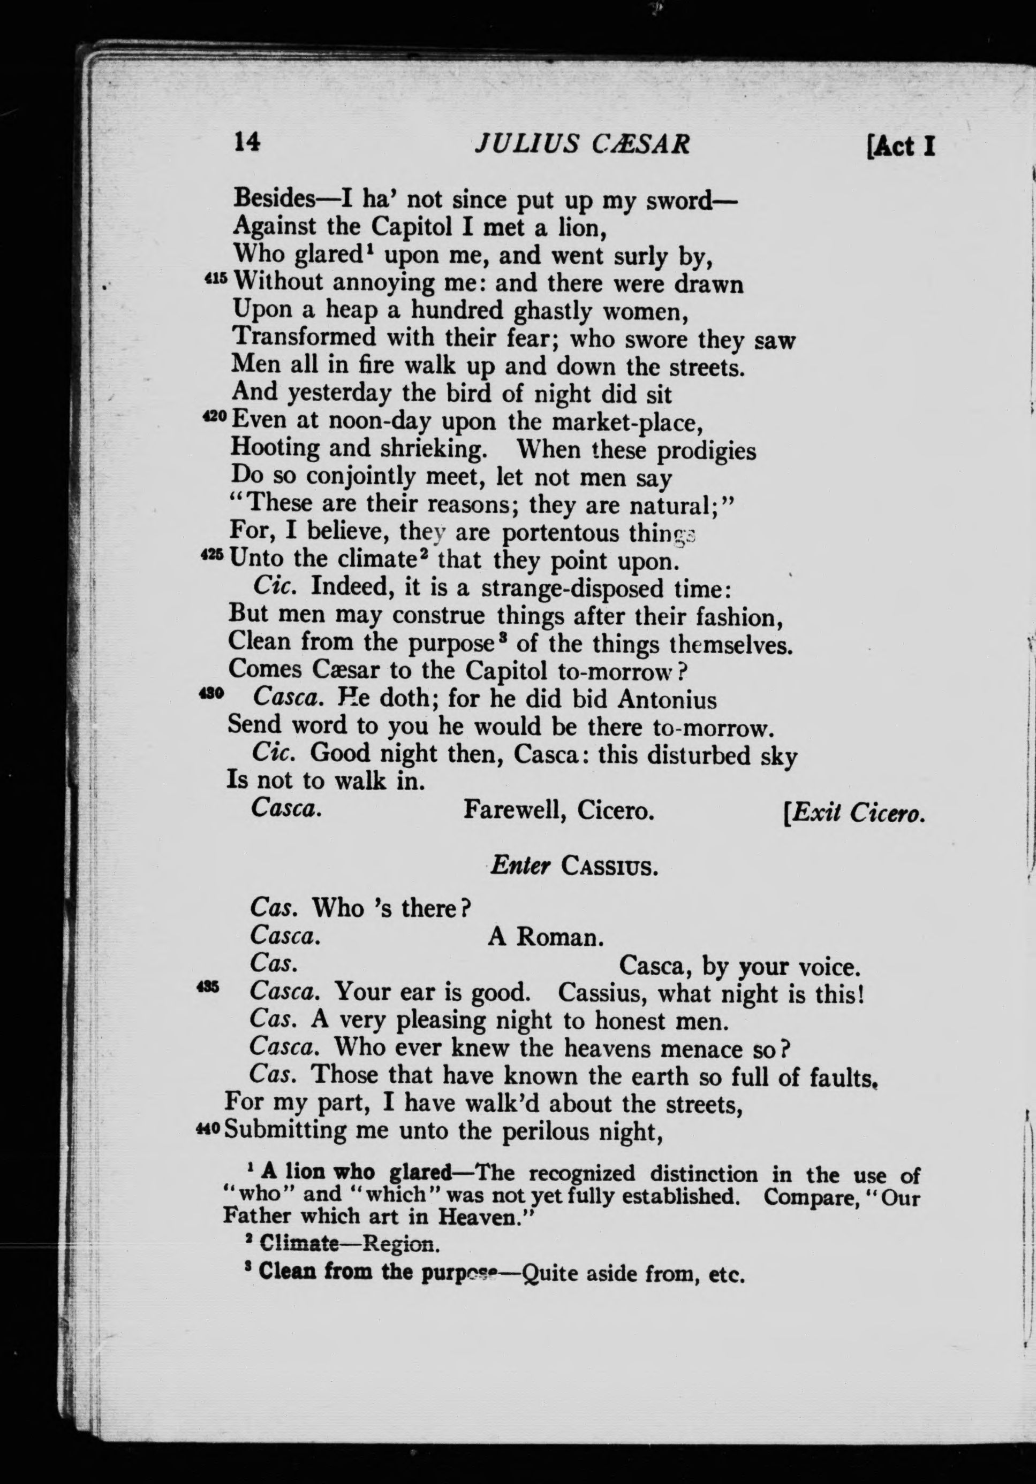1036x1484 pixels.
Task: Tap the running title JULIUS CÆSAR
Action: (x=582, y=143)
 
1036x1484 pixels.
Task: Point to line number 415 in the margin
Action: (x=216, y=279)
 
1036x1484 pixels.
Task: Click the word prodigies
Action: (x=706, y=450)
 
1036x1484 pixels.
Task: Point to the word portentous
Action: (x=560, y=533)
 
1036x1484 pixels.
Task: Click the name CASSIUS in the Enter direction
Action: (x=609, y=866)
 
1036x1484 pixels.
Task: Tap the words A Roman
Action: (x=545, y=937)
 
